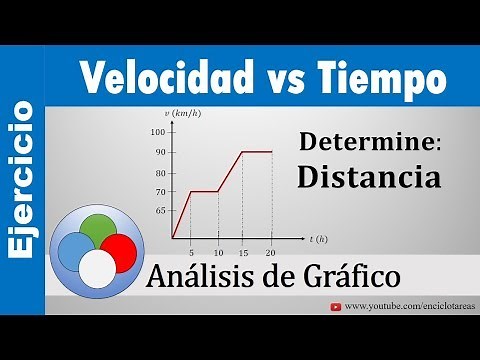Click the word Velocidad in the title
[152, 76]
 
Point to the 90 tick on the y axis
[161, 152]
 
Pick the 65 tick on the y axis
[161, 211]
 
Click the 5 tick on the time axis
[190, 248]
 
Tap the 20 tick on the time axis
[272, 248]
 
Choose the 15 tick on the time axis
[244, 248]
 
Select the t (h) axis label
[319, 240]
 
